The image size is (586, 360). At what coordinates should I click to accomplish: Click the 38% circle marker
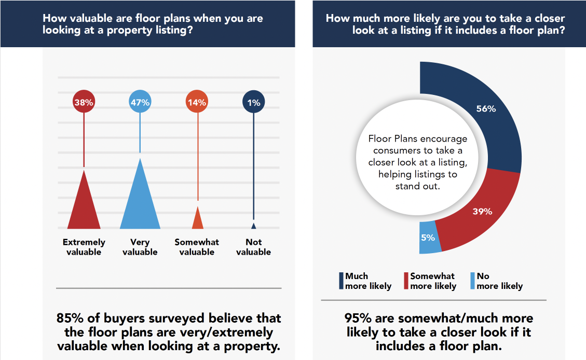84,103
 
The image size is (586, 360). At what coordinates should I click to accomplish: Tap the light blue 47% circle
140,103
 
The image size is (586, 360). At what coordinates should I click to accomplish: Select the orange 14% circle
196,103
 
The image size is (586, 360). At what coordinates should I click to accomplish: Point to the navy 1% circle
253,103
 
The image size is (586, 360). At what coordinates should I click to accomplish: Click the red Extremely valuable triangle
84,205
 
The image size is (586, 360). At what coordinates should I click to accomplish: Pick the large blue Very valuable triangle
140,200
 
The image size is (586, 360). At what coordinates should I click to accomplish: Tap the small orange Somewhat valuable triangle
197,219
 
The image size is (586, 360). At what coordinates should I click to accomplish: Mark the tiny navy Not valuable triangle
253,226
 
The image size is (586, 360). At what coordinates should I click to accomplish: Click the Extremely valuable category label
84,247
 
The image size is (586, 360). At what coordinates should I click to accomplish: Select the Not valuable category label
253,247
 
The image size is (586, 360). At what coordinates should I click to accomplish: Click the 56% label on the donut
486,109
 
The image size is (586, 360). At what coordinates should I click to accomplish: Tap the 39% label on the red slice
482,211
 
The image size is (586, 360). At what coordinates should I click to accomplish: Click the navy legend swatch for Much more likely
341,281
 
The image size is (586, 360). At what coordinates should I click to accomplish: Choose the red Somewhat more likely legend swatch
406,281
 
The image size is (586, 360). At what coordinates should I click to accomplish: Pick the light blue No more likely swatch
472,281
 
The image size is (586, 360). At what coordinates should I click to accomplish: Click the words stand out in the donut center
417,185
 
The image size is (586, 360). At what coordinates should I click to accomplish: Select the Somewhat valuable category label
197,247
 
